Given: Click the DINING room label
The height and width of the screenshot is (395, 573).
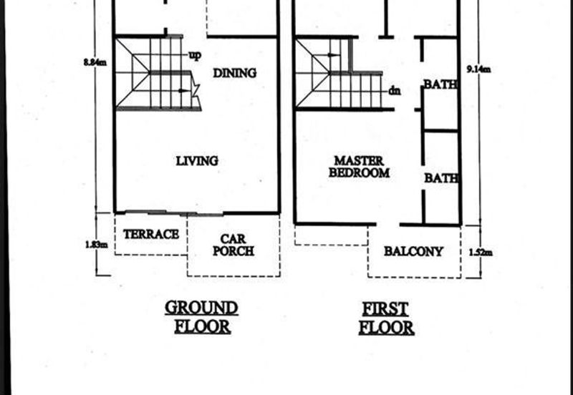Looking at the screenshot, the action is click(235, 73).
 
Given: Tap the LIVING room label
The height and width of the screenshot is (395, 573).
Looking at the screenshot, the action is click(198, 161).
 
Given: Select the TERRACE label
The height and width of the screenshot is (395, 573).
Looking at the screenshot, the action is click(151, 235).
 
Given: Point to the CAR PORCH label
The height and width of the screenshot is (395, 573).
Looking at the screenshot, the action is click(233, 245).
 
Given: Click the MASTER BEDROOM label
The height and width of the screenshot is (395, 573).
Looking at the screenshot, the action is click(360, 167).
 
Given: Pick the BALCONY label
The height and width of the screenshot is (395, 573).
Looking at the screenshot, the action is click(414, 252).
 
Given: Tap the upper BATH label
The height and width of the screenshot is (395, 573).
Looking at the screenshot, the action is click(440, 84).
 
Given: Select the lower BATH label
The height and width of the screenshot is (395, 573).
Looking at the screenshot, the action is click(441, 178).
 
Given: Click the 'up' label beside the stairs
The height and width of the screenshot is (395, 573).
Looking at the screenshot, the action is click(195, 56).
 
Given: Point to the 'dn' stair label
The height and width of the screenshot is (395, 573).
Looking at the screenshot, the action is click(395, 90).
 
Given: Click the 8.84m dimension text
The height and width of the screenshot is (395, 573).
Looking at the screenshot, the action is click(95, 62).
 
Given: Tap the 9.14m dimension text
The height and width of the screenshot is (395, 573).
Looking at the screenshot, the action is click(478, 69).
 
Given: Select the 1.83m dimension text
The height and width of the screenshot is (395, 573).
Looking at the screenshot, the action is click(97, 245).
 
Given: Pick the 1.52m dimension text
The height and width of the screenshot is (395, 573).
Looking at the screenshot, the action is click(481, 253).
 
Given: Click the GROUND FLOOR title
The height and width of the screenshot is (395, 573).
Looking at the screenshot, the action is click(202, 317).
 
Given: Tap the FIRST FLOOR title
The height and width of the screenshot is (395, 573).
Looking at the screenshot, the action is click(386, 318).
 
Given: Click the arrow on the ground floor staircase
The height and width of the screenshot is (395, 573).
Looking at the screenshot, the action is click(185, 91).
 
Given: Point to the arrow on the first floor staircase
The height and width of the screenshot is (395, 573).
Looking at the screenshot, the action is click(333, 55).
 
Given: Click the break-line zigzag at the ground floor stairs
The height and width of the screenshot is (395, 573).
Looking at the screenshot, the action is click(195, 92).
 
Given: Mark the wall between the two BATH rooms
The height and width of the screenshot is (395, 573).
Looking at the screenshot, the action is click(440, 130).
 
